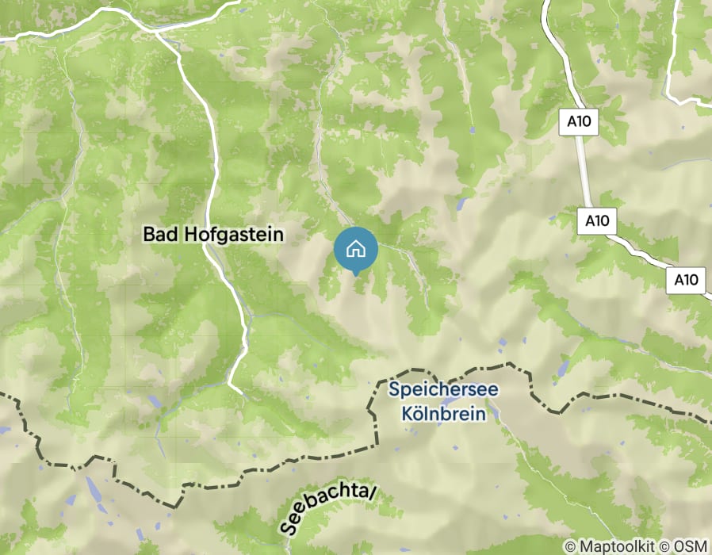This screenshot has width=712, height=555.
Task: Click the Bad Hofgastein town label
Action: (x=212, y=234)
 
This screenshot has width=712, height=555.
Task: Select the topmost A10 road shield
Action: (x=581, y=121)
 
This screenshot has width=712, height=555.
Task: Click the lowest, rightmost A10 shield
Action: (x=686, y=279)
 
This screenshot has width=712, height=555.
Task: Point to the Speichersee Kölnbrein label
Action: (x=436, y=402)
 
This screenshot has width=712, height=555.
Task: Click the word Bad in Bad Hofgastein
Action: (x=157, y=234)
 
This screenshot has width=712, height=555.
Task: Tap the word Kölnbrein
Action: (x=437, y=413)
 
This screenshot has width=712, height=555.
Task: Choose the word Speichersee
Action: (x=436, y=390)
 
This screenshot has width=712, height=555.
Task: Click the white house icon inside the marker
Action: (x=356, y=248)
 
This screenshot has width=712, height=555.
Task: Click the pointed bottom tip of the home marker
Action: (x=356, y=274)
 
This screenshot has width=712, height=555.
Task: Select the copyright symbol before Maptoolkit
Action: (x=569, y=546)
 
